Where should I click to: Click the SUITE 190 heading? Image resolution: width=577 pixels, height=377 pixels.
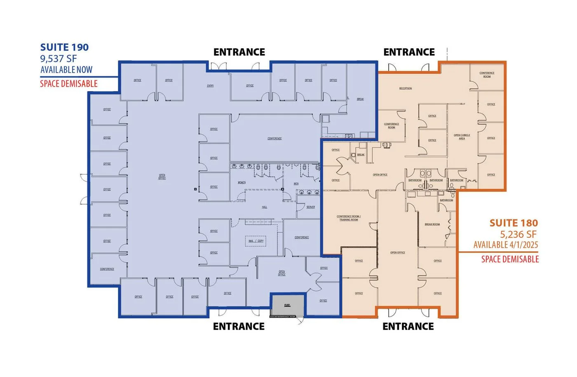tap(64, 47)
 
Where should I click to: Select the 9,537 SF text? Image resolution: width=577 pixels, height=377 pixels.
tap(59, 59)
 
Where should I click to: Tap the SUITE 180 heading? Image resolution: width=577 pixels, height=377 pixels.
tap(514, 223)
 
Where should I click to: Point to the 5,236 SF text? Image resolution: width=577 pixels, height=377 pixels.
tap(518, 234)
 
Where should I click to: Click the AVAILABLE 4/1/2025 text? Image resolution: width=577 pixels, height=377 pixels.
tap(506, 245)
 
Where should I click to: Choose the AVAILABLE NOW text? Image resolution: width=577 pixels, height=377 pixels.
tap(66, 70)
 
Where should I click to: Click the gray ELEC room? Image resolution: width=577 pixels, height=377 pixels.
tap(287, 305)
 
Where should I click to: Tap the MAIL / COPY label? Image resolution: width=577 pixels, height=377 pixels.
tap(256, 241)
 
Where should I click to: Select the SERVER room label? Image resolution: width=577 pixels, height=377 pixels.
tap(311, 207)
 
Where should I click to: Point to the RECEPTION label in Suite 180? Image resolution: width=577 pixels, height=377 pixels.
tap(406, 89)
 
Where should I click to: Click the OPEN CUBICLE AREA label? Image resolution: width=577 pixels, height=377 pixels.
tap(462, 137)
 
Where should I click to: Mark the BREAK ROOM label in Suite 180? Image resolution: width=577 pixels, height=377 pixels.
tap(432, 224)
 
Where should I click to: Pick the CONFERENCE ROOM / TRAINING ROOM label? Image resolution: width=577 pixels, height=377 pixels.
tap(349, 218)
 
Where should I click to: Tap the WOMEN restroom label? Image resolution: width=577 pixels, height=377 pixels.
tap(242, 182)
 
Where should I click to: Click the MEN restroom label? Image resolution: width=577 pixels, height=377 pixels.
tap(296, 184)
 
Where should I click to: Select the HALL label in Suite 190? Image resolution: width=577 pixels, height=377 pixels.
tap(264, 207)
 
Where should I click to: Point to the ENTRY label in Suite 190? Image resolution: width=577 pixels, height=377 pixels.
tap(210, 86)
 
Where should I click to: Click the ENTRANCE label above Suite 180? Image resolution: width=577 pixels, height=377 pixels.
tap(409, 52)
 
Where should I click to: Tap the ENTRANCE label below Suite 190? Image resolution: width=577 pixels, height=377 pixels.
tap(239, 326)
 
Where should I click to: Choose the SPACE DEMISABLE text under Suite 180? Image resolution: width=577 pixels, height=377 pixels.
tap(510, 259)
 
